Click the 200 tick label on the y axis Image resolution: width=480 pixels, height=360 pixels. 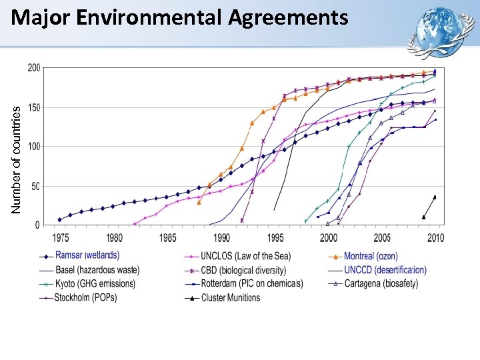coord(33,68)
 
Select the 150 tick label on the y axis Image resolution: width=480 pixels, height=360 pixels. coord(33,107)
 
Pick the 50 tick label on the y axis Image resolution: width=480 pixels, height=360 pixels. coord(35,186)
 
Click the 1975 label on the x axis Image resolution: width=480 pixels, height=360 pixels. coord(60,237)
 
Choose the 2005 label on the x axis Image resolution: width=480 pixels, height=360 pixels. coord(383,237)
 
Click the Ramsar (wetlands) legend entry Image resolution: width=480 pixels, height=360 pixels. coord(87,255)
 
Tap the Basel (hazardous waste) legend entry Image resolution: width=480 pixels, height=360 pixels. coord(97,270)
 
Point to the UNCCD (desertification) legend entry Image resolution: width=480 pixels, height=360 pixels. coord(385,270)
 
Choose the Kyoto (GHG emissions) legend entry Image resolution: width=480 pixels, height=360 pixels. coord(95,284)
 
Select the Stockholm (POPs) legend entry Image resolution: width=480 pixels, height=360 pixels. coord(86,297)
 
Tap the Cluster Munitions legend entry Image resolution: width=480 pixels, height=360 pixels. coord(230,297)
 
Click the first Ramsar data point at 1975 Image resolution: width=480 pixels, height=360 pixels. coord(60,219)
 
